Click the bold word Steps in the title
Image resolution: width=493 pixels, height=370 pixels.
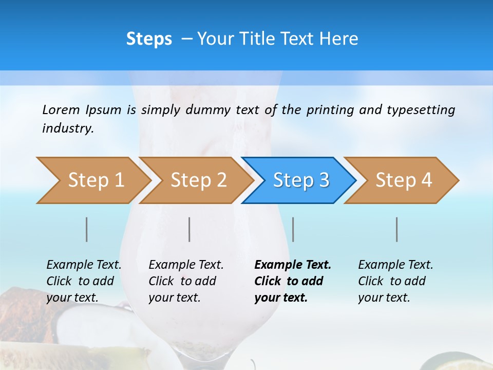[x=149, y=39]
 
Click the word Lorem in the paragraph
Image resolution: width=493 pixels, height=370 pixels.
[x=61, y=110]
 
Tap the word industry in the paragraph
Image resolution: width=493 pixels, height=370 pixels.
[x=67, y=128]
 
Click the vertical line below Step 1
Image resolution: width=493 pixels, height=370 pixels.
[x=87, y=229]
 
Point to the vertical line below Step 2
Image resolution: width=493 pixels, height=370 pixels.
[x=189, y=229]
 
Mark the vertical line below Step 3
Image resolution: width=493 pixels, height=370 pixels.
[x=293, y=229]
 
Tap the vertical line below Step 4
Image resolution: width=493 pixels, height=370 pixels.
[x=397, y=229]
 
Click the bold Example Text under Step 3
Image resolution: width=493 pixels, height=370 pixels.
[x=293, y=265]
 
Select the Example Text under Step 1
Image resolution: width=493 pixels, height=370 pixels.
[x=84, y=265]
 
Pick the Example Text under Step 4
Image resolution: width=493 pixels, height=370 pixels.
[x=395, y=265]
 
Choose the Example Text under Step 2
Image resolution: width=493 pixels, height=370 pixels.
[x=186, y=265]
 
